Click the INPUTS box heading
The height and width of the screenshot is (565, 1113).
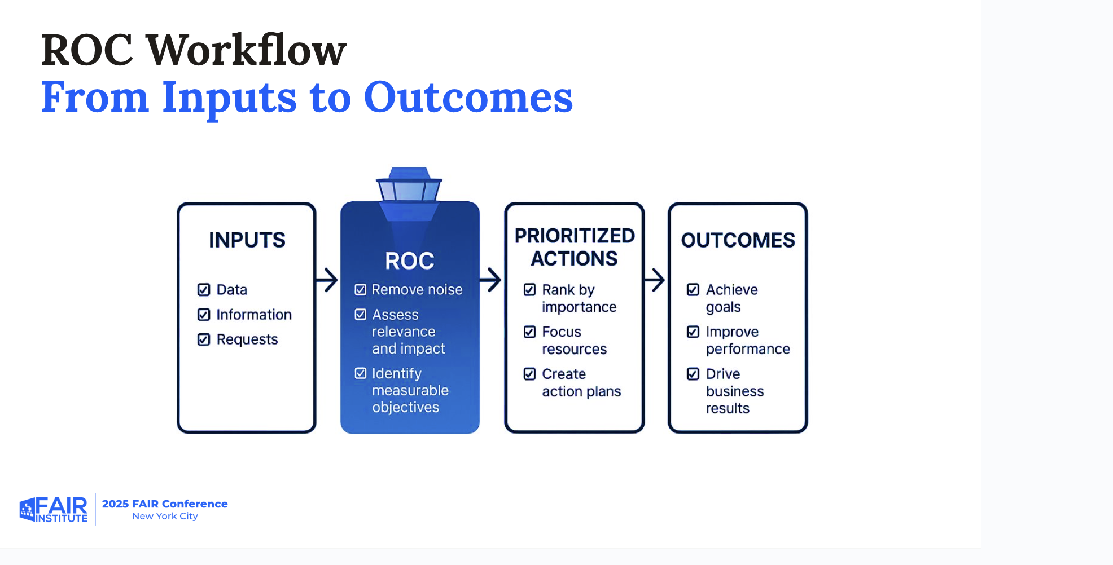247,240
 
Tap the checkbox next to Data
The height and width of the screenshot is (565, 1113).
204,290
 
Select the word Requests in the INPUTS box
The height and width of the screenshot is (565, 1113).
247,339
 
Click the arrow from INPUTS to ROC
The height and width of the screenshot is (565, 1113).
327,280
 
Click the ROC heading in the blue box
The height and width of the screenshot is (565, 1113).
410,261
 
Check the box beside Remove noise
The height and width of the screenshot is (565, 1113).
360,290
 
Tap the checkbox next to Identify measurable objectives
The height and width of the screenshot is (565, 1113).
360,373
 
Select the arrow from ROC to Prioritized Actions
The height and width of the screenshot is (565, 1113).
491,280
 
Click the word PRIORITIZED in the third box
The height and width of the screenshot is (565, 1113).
575,236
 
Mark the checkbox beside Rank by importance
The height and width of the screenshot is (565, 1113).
529,290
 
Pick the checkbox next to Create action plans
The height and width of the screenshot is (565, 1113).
529,374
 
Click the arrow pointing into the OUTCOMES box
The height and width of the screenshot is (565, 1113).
655,280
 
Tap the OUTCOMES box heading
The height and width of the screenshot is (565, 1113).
738,240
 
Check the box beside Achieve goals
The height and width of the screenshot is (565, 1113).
693,290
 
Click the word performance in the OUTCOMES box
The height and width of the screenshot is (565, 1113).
748,349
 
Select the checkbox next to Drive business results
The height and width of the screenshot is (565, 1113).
693,374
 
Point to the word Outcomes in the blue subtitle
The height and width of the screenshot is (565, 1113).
468,97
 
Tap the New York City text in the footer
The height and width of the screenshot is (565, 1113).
165,516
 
